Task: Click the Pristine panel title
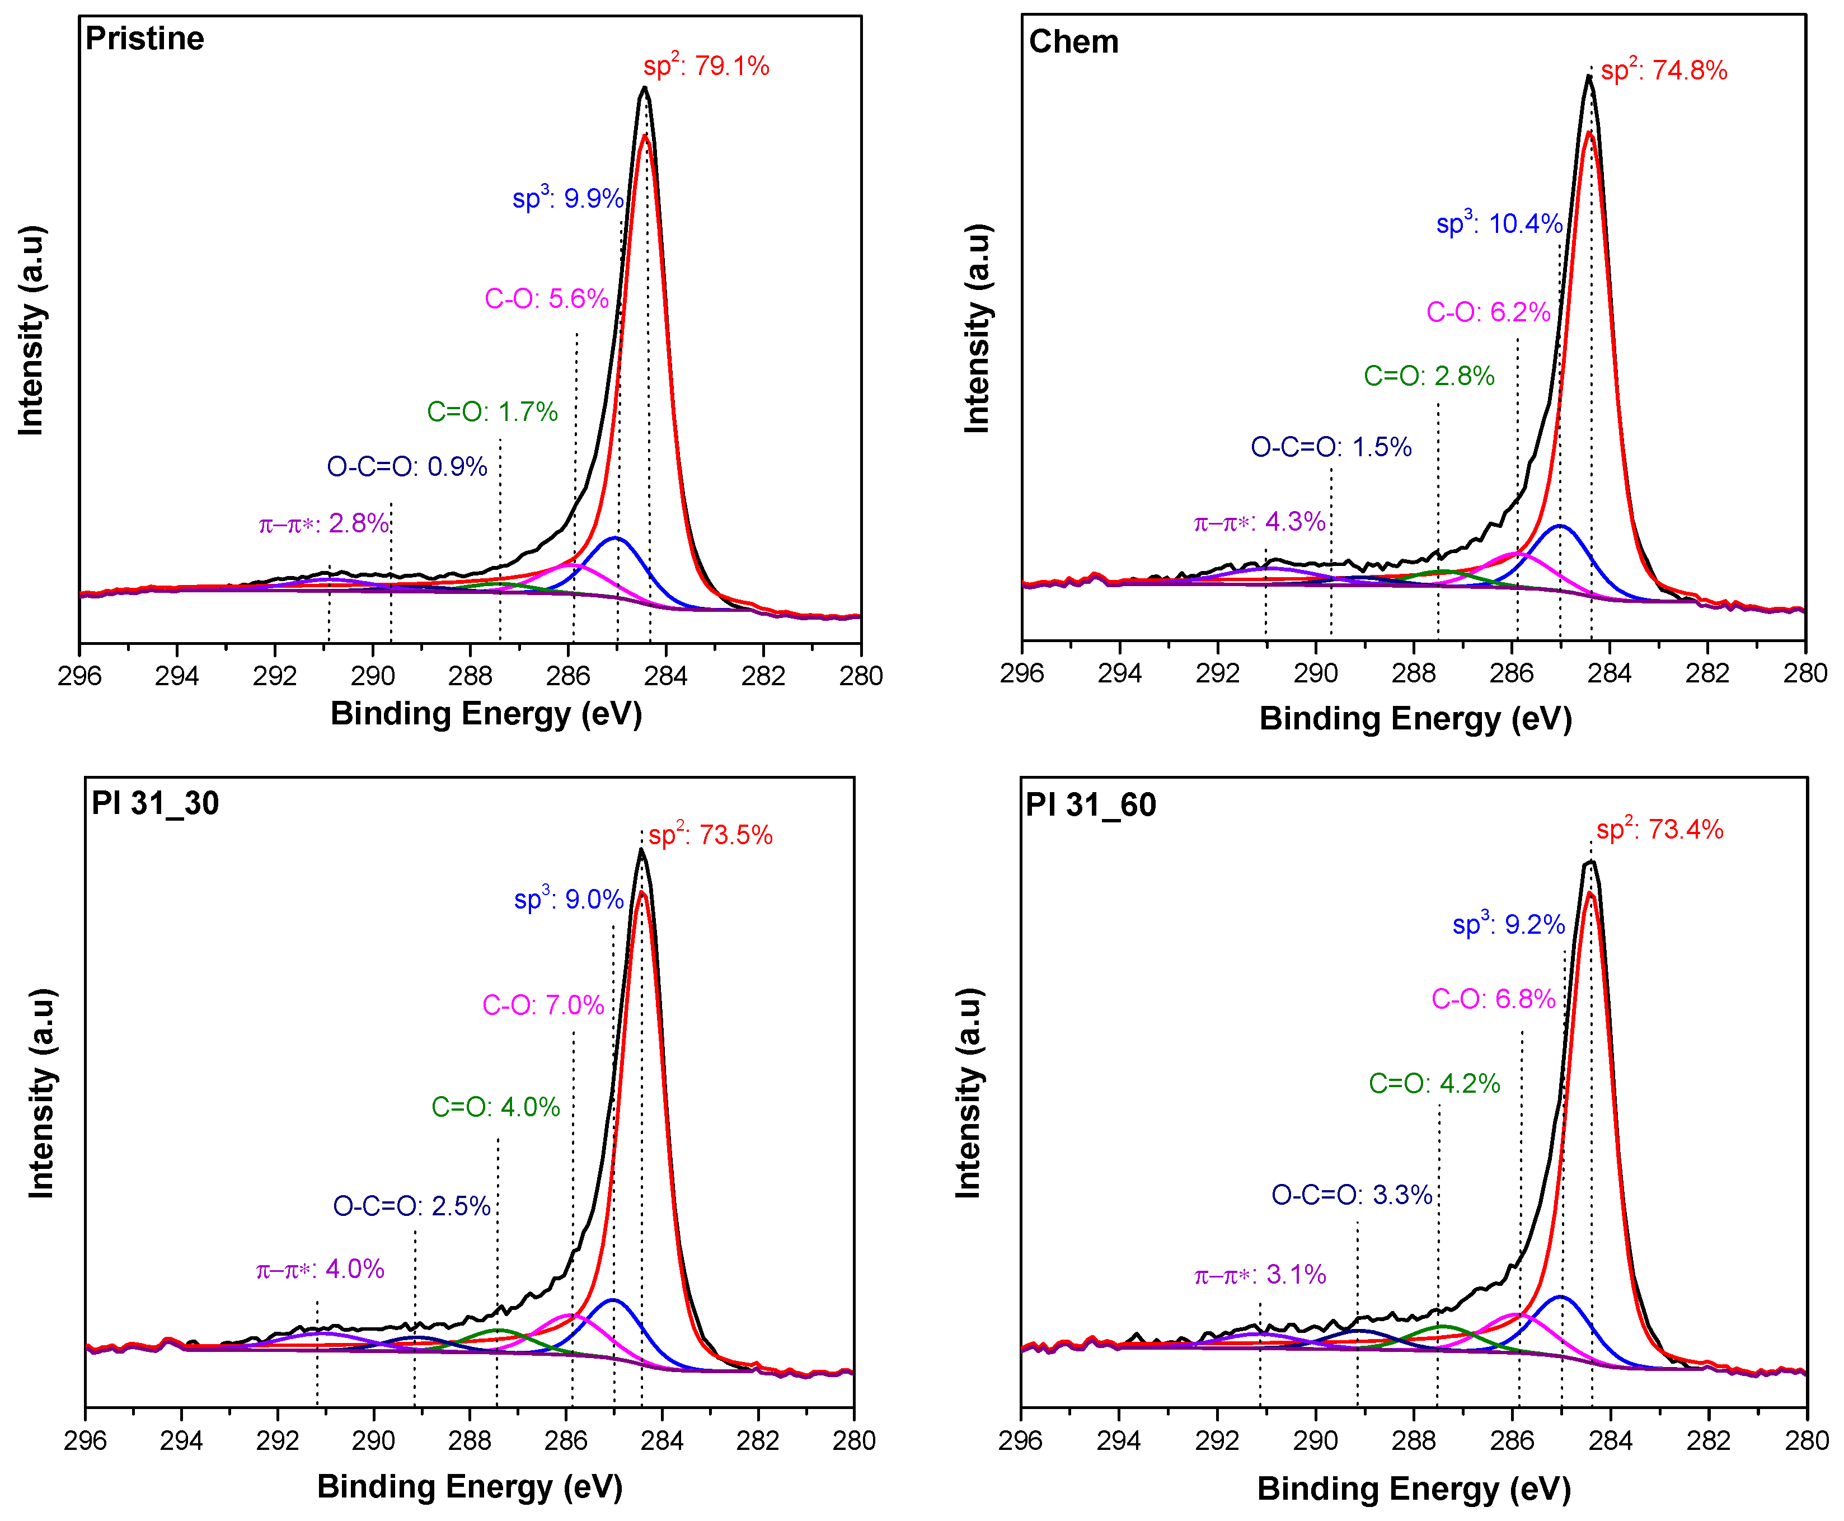click(x=144, y=39)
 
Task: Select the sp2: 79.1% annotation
click(x=706, y=65)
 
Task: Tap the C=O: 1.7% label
click(x=492, y=412)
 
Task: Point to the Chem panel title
click(x=1073, y=42)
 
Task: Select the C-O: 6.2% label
click(x=1488, y=312)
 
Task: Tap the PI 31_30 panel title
click(x=155, y=803)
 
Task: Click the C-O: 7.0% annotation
click(x=543, y=1005)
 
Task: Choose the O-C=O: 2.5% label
click(x=412, y=1206)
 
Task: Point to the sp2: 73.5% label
click(x=710, y=835)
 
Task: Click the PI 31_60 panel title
click(x=1091, y=804)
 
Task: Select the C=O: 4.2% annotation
click(x=1434, y=1084)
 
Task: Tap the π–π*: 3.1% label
click(x=1260, y=1275)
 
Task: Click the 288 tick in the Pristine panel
click(x=471, y=676)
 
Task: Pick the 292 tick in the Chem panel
click(x=1218, y=673)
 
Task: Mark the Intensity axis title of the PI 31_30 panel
click(x=41, y=1093)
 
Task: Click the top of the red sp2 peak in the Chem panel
click(x=1589, y=133)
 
